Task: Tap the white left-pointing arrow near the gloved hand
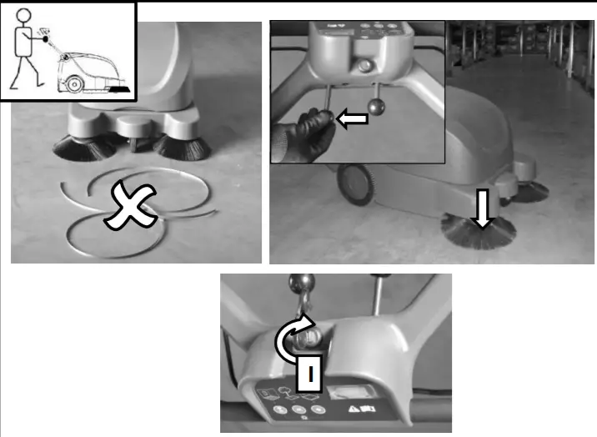pyautogui.click(x=351, y=120)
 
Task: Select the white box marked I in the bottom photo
pyautogui.click(x=309, y=375)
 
